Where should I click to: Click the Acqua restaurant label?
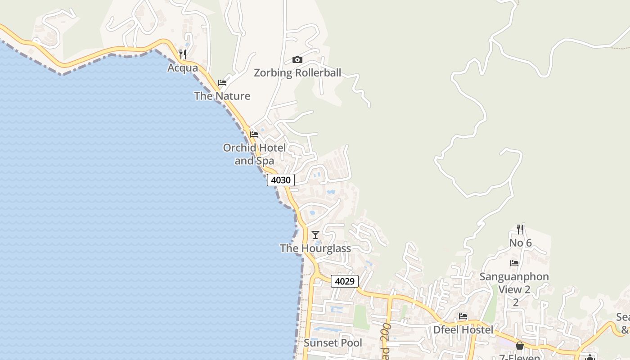(183, 68)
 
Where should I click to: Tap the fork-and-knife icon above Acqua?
(183, 54)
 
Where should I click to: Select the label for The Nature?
(222, 96)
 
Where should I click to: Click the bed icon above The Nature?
(222, 83)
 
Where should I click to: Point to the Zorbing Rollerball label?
(297, 73)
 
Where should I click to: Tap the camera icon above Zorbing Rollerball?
(297, 59)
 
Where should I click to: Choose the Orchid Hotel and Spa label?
(254, 154)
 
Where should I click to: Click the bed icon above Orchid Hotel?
(254, 135)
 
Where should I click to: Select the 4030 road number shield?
(281, 180)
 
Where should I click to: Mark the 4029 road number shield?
(345, 281)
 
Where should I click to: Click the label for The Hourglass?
(315, 248)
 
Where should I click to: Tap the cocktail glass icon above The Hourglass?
(315, 235)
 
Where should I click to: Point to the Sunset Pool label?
(333, 343)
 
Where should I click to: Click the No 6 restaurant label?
(520, 243)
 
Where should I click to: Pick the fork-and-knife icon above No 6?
(520, 229)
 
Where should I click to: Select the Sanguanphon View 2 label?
(514, 283)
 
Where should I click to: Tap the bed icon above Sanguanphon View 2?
(514, 263)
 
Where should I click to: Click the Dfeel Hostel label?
(463, 330)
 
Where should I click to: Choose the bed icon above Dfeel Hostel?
(463, 316)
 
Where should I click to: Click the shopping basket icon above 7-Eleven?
(520, 346)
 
